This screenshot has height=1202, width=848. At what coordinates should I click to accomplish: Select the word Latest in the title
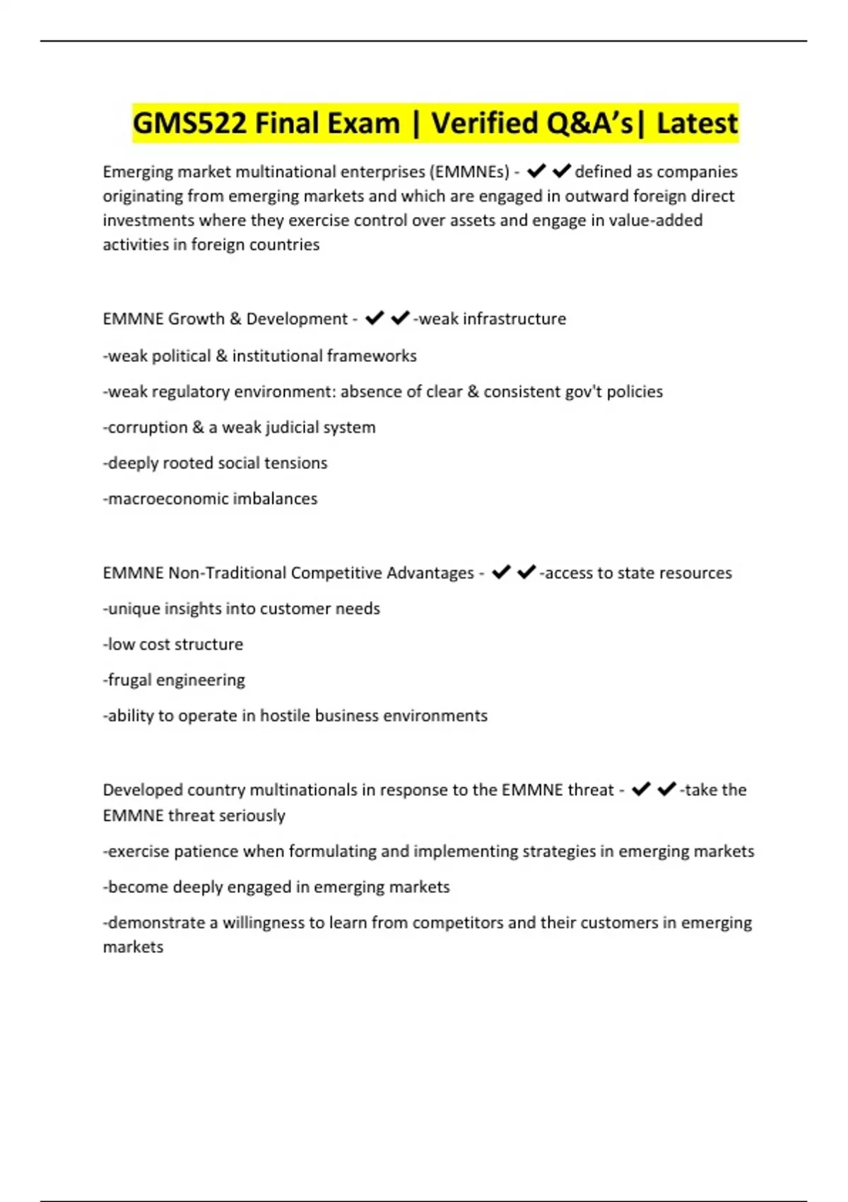697,124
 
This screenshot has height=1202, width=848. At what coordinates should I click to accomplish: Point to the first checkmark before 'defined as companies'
536,171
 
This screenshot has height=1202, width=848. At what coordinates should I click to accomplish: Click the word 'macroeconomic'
167,498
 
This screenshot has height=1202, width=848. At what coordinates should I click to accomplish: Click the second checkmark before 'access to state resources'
526,572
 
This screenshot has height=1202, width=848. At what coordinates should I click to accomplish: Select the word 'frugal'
129,679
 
